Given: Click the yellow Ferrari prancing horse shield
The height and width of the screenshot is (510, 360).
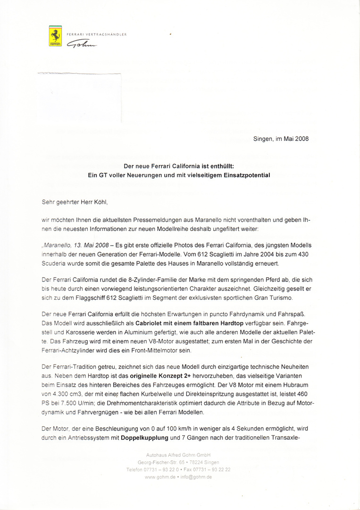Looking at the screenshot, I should point(55,37).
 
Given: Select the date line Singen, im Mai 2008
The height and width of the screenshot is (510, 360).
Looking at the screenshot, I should point(281,139).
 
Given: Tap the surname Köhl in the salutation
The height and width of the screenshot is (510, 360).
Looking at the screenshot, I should point(100,202).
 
